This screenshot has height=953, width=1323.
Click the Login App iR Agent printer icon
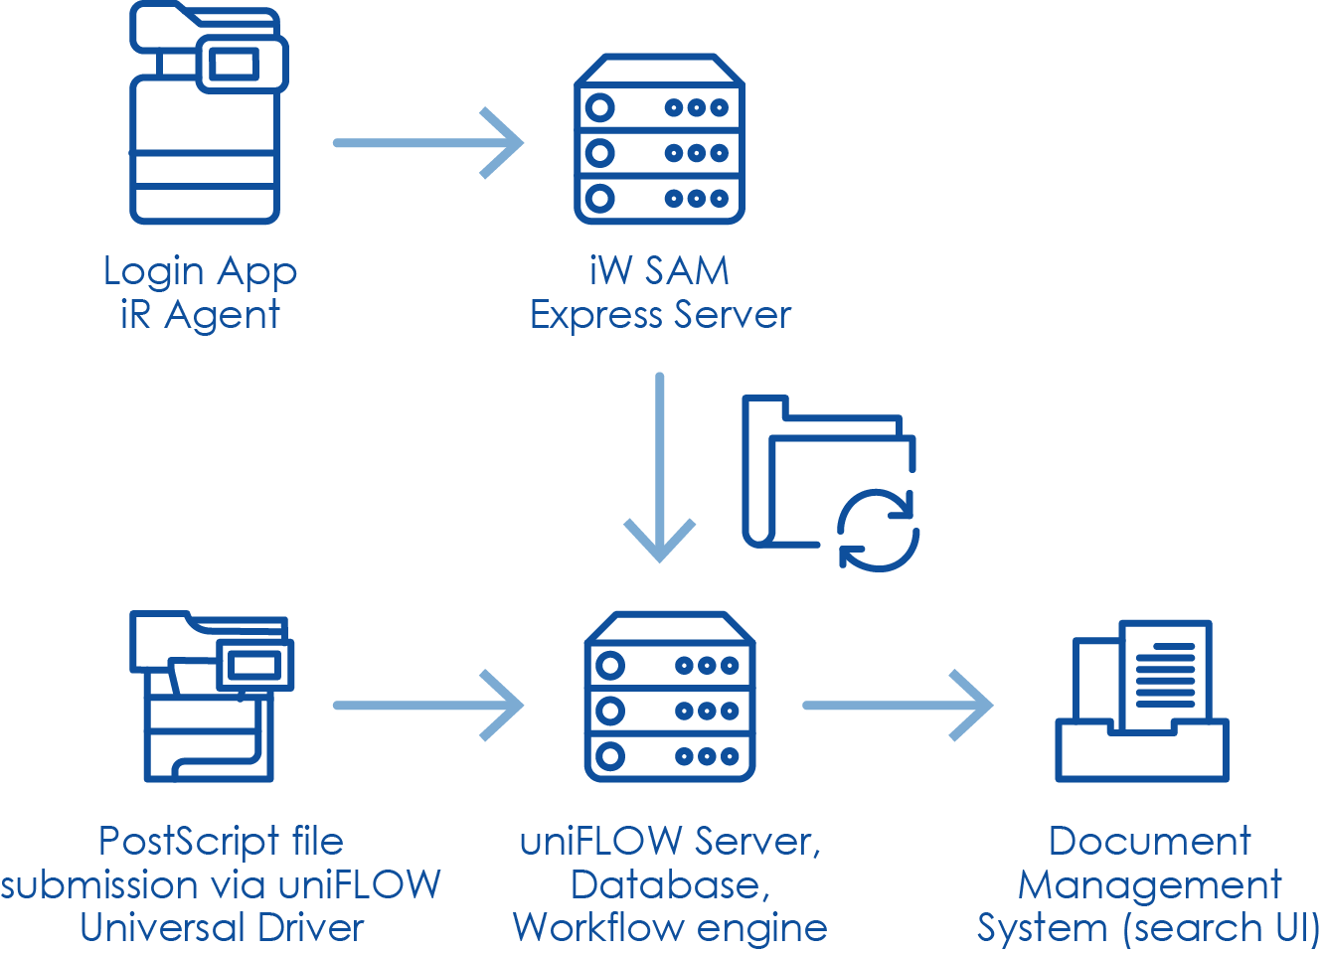pos(205,114)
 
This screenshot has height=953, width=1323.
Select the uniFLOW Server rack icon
pos(670,697)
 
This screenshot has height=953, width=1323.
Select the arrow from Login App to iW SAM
pos(427,143)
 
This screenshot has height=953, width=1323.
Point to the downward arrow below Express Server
pos(659,467)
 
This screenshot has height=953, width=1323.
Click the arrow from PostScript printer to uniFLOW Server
pos(427,706)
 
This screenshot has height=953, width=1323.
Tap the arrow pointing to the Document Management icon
pos(897,706)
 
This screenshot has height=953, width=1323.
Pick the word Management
pos(1149,884)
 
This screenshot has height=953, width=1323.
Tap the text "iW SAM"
pos(659,270)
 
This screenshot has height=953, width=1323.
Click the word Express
pos(595,315)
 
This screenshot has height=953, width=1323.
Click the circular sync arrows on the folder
pos(878,531)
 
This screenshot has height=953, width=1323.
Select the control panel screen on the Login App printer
pos(235,65)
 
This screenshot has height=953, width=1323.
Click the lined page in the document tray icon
pos(1165,676)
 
